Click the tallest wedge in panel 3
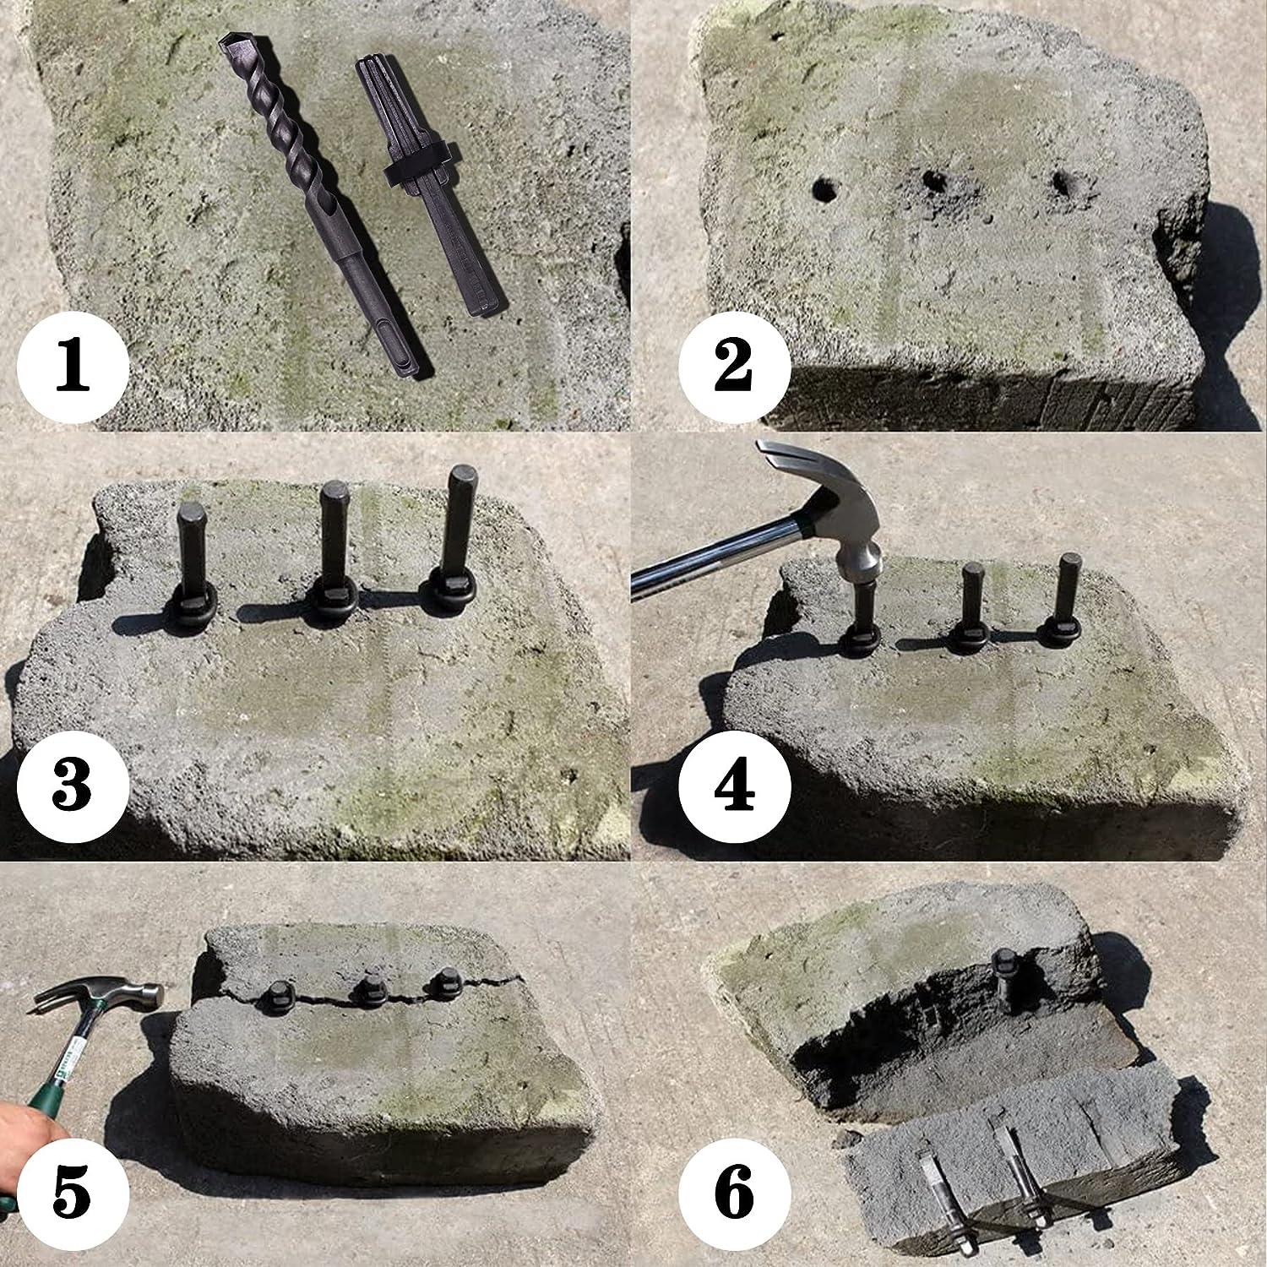(460, 519)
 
